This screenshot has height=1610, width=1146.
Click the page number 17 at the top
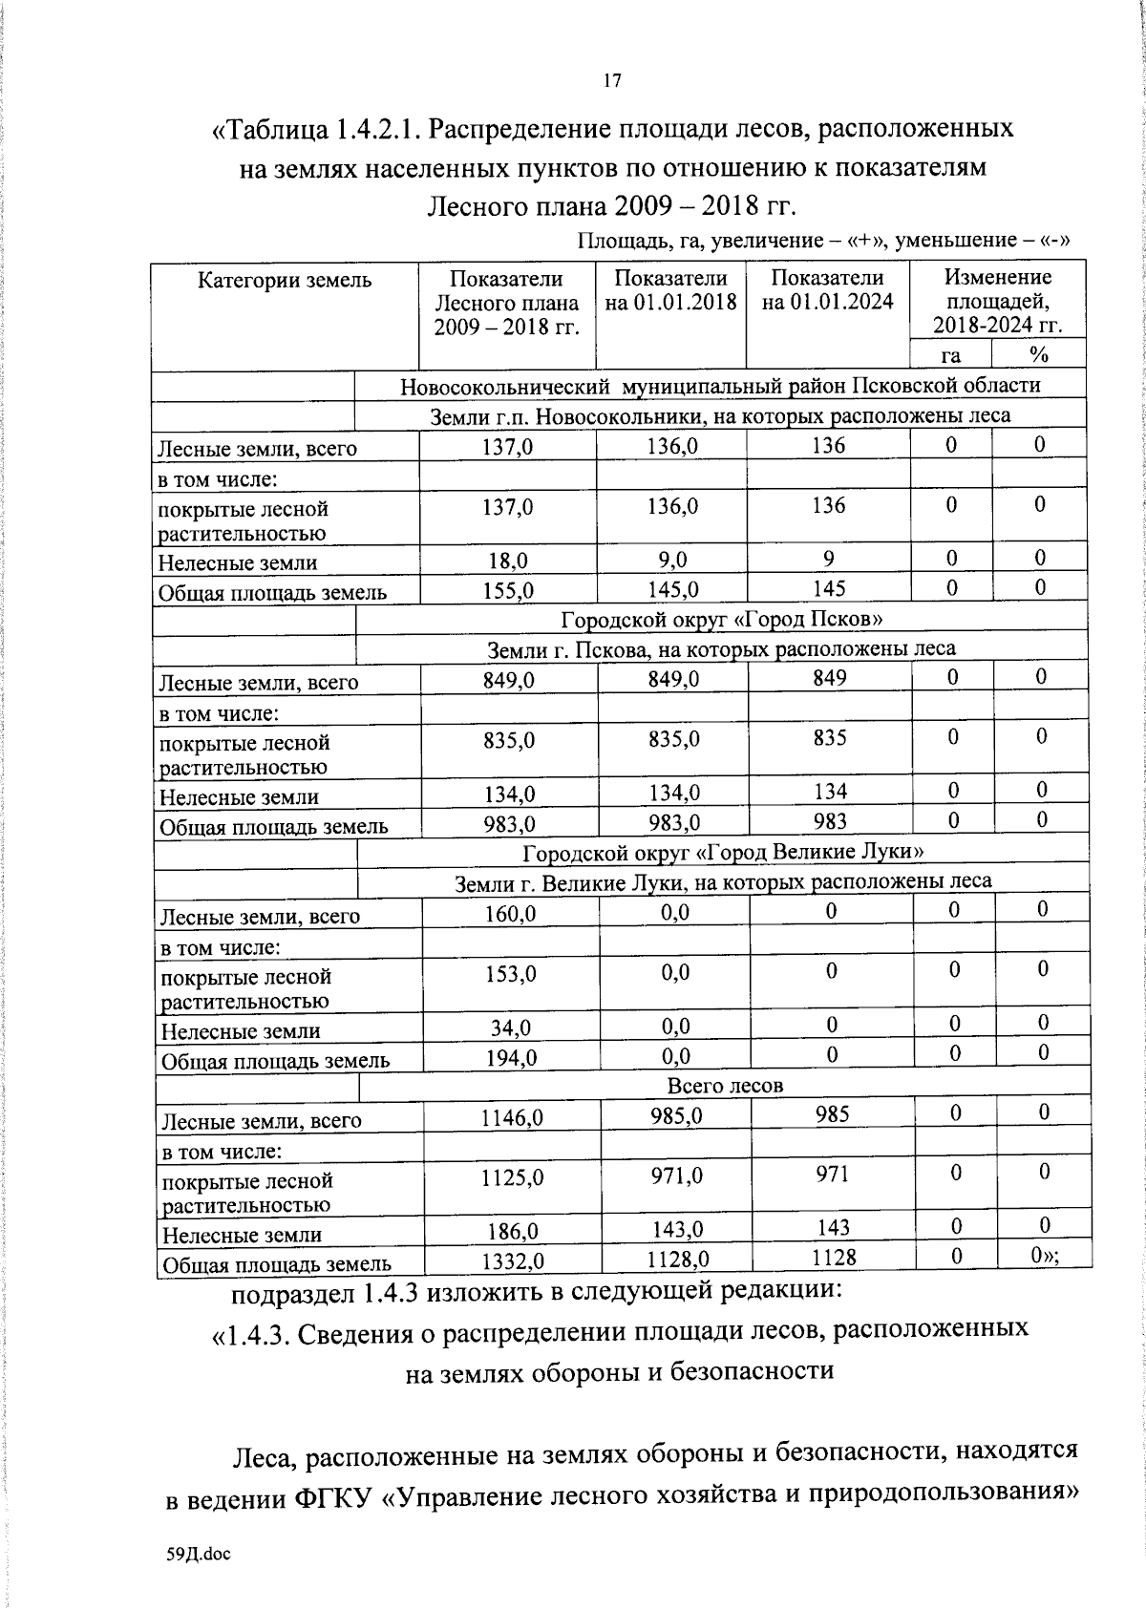coord(612,80)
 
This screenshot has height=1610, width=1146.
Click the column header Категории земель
coord(285,280)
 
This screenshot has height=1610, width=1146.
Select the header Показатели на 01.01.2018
coord(671,290)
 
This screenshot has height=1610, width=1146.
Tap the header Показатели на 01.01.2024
coord(828,290)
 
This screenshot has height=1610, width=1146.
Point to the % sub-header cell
coord(1039,355)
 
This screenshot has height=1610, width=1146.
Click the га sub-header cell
coord(950,355)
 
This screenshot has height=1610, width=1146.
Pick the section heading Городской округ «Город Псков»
coord(721,619)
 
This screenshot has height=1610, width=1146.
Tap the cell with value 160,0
coord(510,914)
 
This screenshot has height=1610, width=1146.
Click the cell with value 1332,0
coord(512,1261)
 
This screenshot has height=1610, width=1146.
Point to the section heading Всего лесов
coord(725,1086)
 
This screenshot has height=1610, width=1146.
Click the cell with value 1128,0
coord(677,1260)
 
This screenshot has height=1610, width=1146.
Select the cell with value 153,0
coord(510,974)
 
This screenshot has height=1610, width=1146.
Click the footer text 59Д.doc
coord(199,1554)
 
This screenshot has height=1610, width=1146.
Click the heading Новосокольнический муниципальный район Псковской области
coord(720,386)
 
